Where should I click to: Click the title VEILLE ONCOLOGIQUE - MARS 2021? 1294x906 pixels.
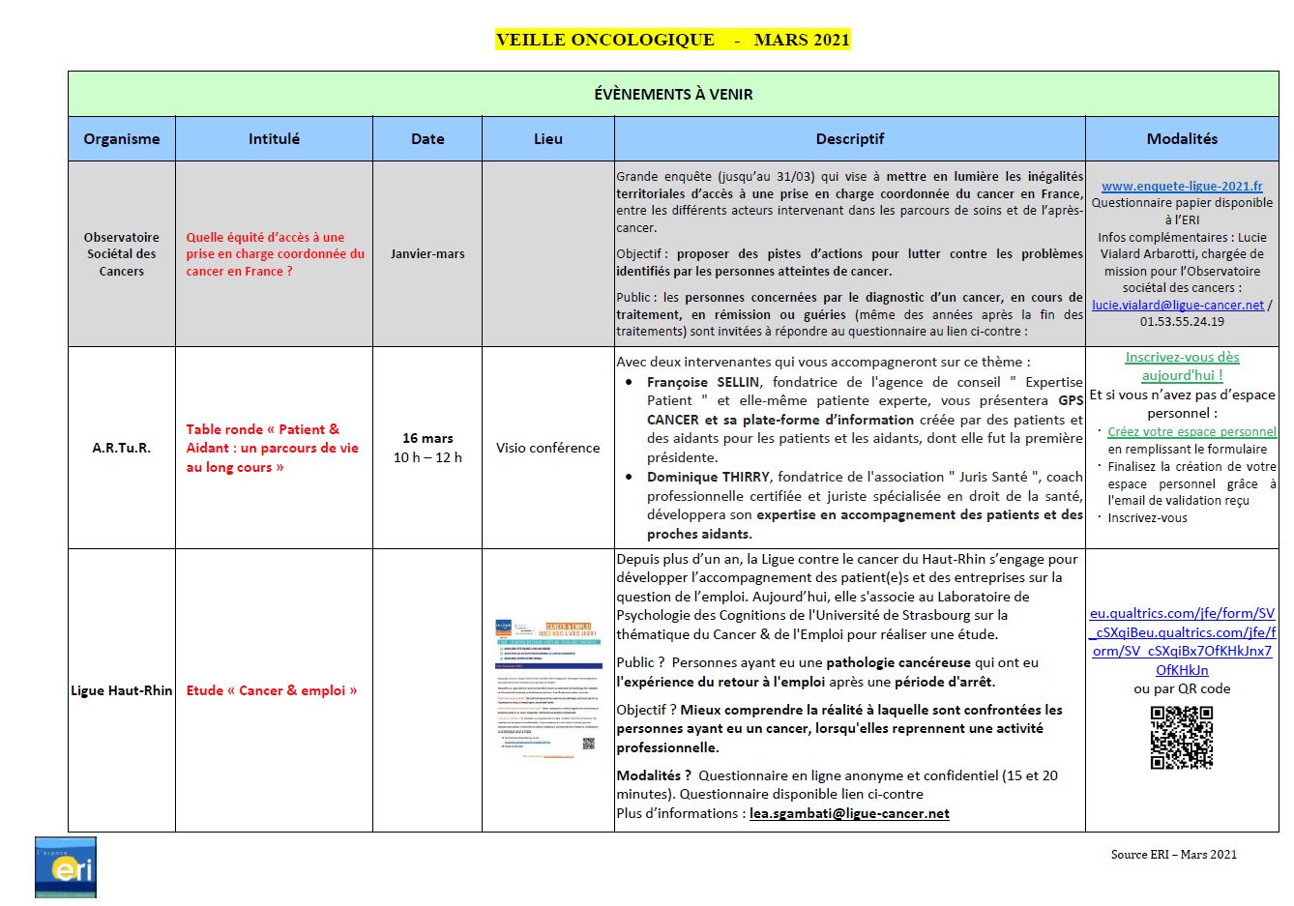coord(672,40)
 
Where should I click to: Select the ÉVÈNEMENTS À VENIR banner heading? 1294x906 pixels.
coord(673,94)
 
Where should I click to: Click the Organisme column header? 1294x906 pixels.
coord(122,138)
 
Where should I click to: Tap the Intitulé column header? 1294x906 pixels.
coord(274,138)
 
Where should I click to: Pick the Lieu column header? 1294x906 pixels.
coord(548,138)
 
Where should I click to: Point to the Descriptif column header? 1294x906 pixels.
coord(849,138)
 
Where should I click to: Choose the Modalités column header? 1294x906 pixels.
coord(1182,138)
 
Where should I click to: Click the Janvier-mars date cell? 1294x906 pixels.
coord(427,253)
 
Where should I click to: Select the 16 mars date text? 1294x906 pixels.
coord(427,438)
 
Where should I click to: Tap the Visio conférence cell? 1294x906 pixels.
coord(548,448)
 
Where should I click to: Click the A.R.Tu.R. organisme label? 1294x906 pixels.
coord(122,448)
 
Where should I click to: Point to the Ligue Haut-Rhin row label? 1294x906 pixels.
coord(122,690)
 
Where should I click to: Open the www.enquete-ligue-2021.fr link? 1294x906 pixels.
coord(1182,186)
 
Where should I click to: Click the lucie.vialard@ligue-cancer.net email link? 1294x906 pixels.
coord(1177,305)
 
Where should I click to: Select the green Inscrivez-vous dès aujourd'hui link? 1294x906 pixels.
coord(1182,365)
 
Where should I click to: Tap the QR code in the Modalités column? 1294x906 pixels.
coord(1181,738)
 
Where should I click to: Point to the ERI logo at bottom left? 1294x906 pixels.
coord(66,867)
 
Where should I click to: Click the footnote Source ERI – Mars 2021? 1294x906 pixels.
coord(1173,854)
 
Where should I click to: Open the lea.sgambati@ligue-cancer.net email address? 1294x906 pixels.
coord(849,813)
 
